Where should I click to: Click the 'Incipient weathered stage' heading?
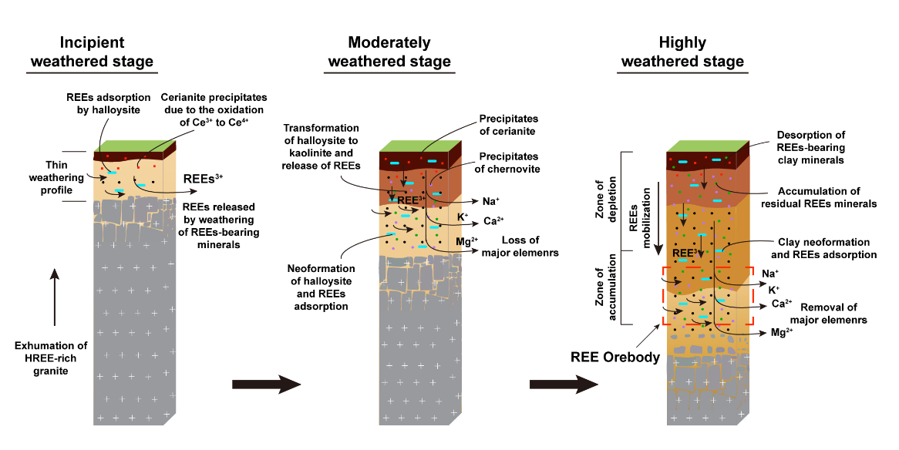(91, 52)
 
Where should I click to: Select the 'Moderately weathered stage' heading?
(389, 52)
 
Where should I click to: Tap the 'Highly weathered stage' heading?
(682, 52)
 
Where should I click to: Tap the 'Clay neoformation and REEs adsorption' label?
(823, 248)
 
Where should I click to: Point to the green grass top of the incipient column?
(131, 147)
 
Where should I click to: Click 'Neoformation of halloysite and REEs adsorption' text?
(322, 287)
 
